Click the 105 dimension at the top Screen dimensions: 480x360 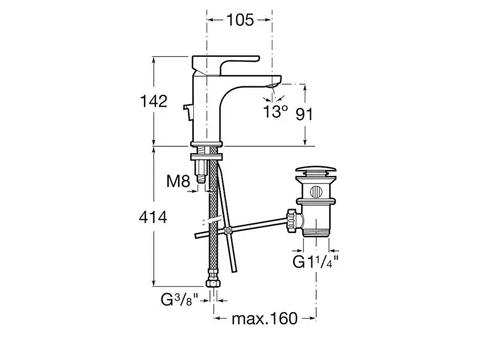click(x=240, y=20)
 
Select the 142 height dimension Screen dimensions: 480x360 click(x=154, y=101)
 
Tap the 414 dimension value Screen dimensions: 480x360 click(x=153, y=218)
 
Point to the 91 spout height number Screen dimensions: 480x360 click(x=304, y=114)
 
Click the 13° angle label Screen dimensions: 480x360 click(x=275, y=111)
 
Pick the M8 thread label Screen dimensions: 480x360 click(x=178, y=181)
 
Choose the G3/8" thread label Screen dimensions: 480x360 click(x=180, y=299)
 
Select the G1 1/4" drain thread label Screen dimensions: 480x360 click(x=316, y=262)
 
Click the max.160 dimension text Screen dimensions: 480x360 click(x=265, y=319)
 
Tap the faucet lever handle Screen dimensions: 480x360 click(x=226, y=64)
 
